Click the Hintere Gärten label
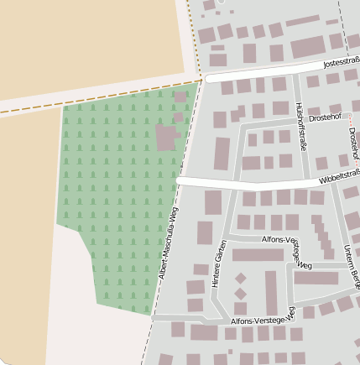219,263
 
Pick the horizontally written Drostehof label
325,117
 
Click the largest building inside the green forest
166,136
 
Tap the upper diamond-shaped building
241,278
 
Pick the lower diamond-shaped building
241,293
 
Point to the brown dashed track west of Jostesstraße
101,96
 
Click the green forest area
109,185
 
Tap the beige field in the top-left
84,42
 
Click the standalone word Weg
305,266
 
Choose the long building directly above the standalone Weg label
258,254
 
